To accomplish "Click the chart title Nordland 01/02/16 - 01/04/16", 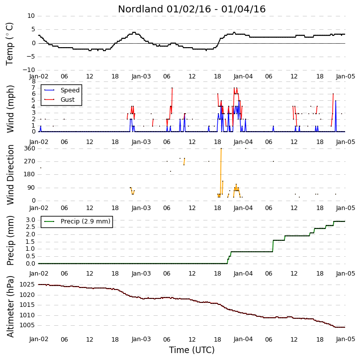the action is [x=192, y=9].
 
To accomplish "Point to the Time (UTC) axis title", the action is [x=192, y=350].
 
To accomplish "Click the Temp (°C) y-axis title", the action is [x=9, y=44].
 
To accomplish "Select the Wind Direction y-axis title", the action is [x=10, y=175].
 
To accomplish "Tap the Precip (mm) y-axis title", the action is [x=10, y=241].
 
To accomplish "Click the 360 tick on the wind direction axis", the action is [x=30, y=148].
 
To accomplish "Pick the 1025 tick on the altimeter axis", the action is [x=27, y=285].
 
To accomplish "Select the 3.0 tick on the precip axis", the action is [x=30, y=220].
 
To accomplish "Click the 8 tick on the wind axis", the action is [x=34, y=81].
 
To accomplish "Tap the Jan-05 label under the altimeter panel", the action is [x=346, y=339].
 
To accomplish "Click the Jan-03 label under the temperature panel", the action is [x=141, y=76].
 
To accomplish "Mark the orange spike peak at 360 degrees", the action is [x=221, y=148].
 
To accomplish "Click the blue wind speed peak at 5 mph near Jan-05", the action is [x=336, y=101].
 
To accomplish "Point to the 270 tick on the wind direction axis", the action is [x=30, y=161].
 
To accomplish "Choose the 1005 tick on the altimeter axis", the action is [x=27, y=325].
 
